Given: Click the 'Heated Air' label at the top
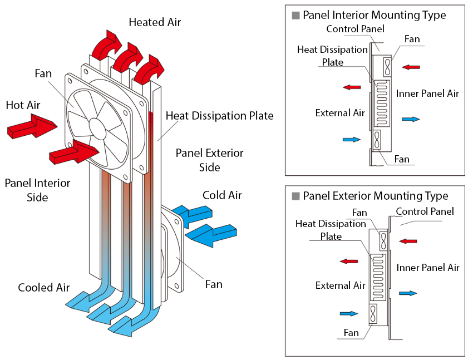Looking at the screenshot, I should click(x=155, y=22).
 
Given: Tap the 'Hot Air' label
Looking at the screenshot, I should click(x=23, y=105).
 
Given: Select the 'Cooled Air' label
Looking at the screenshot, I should click(x=44, y=288).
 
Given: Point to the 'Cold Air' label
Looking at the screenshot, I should click(x=222, y=195).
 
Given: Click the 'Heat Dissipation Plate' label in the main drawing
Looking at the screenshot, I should click(x=219, y=116).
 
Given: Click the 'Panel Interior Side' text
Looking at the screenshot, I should click(x=37, y=190).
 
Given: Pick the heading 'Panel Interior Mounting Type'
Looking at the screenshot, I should click(x=374, y=15).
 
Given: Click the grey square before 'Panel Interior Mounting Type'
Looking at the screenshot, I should click(x=296, y=16).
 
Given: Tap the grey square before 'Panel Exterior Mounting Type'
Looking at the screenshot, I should click(x=296, y=196).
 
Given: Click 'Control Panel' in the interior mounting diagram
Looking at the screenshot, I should click(x=355, y=28).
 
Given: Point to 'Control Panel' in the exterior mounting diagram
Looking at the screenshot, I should click(x=425, y=211).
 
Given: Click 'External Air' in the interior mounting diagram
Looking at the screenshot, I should click(x=339, y=113).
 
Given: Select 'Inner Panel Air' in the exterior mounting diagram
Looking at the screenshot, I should click(x=427, y=268).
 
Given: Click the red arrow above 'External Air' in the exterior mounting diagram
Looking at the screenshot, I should click(x=349, y=261).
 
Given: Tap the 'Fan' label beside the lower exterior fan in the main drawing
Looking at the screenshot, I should click(x=214, y=284).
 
